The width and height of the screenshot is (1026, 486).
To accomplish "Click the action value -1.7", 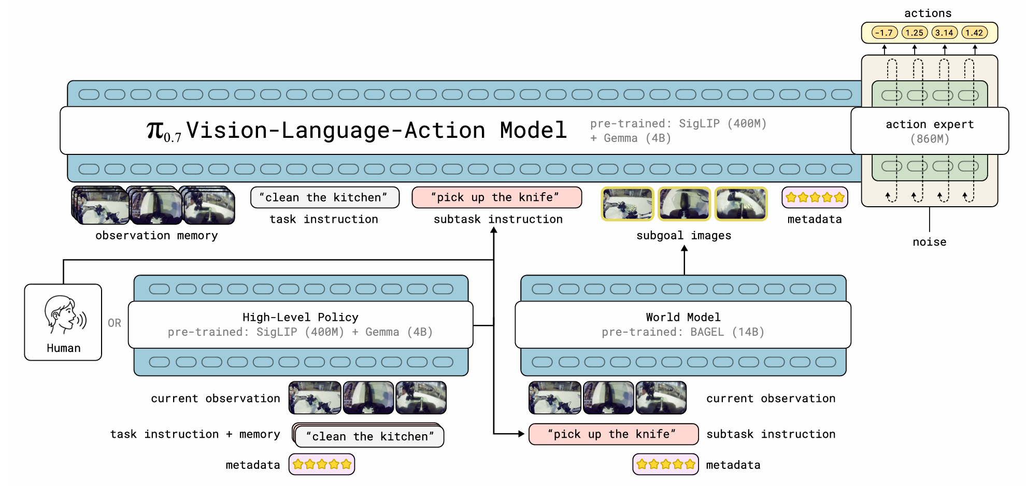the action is pyautogui.click(x=884, y=33).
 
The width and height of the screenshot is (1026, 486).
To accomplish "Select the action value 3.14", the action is pyautogui.click(x=944, y=33).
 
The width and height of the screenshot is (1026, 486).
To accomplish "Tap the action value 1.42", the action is pyautogui.click(x=974, y=33).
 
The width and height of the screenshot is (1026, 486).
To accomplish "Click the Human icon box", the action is pyautogui.click(x=63, y=322).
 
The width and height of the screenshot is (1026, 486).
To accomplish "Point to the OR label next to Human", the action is pyautogui.click(x=115, y=323).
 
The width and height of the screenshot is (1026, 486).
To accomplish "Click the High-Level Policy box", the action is pyautogui.click(x=301, y=325).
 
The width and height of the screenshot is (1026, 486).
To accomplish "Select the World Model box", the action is pyautogui.click(x=683, y=325).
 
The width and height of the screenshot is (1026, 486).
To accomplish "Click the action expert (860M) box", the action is pyautogui.click(x=930, y=131).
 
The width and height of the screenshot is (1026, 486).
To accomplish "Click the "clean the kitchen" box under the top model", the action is pyautogui.click(x=325, y=197).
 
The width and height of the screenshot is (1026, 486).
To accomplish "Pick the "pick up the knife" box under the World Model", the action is pyautogui.click(x=614, y=434).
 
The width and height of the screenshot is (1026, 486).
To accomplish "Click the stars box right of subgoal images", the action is pyautogui.click(x=815, y=197).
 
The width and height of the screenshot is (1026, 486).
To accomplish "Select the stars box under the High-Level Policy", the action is pyautogui.click(x=322, y=464).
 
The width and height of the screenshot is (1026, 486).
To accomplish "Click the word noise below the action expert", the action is pyautogui.click(x=930, y=242).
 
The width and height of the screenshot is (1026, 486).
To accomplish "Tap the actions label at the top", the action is pyautogui.click(x=928, y=13).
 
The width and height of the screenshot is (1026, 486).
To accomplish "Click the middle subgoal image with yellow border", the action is pyautogui.click(x=684, y=204).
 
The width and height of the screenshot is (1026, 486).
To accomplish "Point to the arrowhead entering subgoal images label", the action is pyautogui.click(x=685, y=249).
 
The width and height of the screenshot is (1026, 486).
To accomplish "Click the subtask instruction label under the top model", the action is pyautogui.click(x=498, y=219).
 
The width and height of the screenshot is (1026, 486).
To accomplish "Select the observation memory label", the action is pyautogui.click(x=156, y=236).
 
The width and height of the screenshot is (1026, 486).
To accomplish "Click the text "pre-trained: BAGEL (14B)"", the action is pyautogui.click(x=683, y=332).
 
